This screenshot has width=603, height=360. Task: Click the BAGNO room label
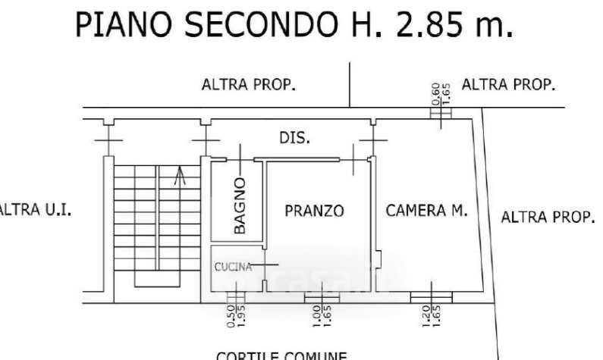tap(240, 205)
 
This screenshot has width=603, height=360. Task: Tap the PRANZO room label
tap(314, 211)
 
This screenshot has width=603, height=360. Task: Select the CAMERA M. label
tap(427, 210)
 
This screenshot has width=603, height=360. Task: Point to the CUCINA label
tap(229, 266)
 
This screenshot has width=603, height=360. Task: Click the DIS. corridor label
tap(294, 138)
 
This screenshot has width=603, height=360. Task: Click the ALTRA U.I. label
tap(35, 210)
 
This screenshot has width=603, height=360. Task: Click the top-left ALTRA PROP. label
tap(247, 85)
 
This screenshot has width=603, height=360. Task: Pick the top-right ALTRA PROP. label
tap(508, 84)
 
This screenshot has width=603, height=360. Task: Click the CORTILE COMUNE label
tap(282, 355)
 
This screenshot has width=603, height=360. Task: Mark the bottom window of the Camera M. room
tap(431, 293)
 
